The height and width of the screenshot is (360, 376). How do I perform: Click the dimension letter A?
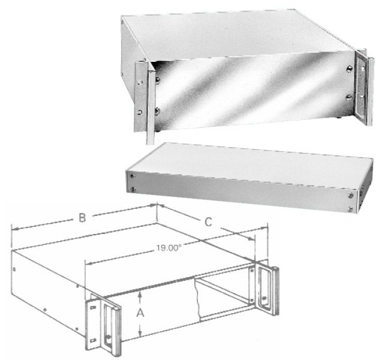pos(140,313)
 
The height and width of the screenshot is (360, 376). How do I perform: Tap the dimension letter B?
pos(82,218)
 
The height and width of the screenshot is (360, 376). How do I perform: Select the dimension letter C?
pos(208,222)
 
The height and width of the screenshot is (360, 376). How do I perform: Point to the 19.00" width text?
pos(168,248)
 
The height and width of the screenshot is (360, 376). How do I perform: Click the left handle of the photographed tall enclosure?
pos(151,106)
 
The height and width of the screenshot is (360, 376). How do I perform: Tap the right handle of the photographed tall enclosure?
pos(370,91)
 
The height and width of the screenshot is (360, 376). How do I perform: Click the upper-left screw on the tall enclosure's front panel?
pos(158,80)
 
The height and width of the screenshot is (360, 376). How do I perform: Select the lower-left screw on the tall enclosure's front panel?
pos(157,111)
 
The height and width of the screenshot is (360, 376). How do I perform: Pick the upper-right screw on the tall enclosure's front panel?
pos(350,69)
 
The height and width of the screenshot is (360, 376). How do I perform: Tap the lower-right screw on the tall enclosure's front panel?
pos(349,98)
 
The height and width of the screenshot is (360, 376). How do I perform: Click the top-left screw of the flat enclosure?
pos(132,176)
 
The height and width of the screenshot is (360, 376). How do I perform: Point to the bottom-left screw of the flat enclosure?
pos(133,190)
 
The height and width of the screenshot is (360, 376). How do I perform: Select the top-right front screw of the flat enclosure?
pos(350,196)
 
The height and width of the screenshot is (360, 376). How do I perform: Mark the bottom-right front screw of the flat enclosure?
pos(350,209)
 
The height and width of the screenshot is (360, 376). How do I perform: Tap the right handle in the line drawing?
pos(275,290)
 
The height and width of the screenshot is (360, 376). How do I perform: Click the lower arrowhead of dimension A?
pos(140,333)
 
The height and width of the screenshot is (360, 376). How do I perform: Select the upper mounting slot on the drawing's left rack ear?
pos(93,307)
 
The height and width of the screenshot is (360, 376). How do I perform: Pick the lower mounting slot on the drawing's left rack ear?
pos(93,340)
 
